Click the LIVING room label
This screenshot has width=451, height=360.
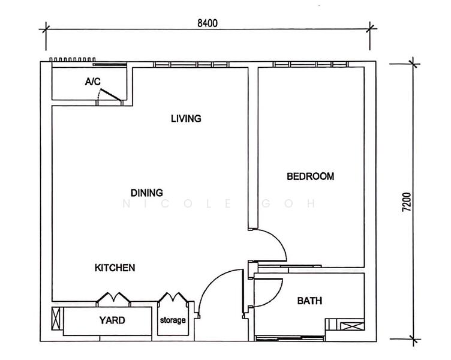(x=186, y=119)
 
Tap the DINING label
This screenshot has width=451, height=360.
(x=147, y=193)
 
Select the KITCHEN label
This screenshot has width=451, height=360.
(x=115, y=268)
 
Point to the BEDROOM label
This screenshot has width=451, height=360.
(x=311, y=176)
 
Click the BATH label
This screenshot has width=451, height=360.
(x=309, y=301)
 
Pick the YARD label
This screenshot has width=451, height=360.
(x=112, y=320)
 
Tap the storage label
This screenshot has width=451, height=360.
(x=173, y=320)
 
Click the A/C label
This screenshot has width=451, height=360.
(x=93, y=82)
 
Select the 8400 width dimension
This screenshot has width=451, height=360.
(x=208, y=23)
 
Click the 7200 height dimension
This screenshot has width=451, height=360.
(x=407, y=202)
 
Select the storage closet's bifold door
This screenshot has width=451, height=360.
(x=173, y=298)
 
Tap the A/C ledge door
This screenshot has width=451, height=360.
(x=110, y=95)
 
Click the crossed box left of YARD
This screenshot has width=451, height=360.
(x=56, y=319)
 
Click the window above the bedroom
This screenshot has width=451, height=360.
(x=311, y=64)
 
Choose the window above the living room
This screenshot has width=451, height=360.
(x=191, y=64)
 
